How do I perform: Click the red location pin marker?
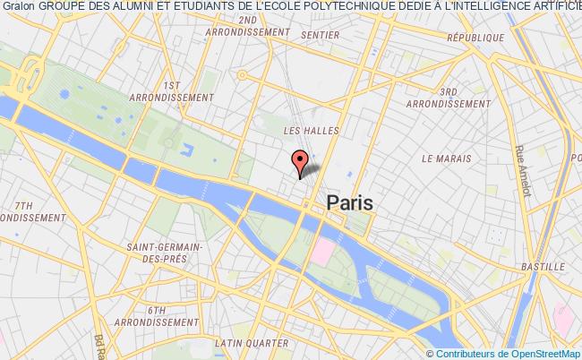point(301,161)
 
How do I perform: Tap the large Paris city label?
point(349,202)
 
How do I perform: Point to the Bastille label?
point(541,267)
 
